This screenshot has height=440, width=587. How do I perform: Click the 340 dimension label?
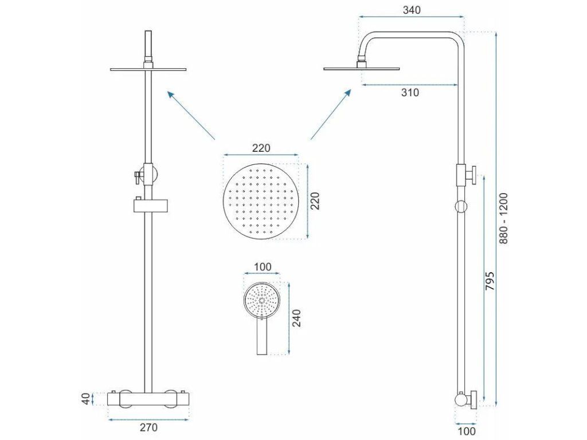click(x=412, y=10)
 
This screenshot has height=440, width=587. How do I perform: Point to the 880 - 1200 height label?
click(x=504, y=218)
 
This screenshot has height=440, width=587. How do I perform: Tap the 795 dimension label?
click(x=490, y=281)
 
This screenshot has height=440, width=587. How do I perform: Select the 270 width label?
click(x=148, y=427)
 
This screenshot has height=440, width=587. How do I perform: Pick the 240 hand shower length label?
click(x=296, y=317)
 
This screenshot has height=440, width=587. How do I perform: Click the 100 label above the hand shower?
click(x=262, y=267)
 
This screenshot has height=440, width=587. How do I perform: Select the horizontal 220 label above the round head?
click(x=261, y=148)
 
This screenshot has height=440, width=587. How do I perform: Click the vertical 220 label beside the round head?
click(x=315, y=201)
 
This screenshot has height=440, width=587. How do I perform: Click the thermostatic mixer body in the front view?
click(x=148, y=399)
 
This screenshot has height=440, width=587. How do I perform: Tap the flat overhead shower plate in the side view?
click(x=362, y=69)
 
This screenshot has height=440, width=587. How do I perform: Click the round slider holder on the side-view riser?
click(x=460, y=206)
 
